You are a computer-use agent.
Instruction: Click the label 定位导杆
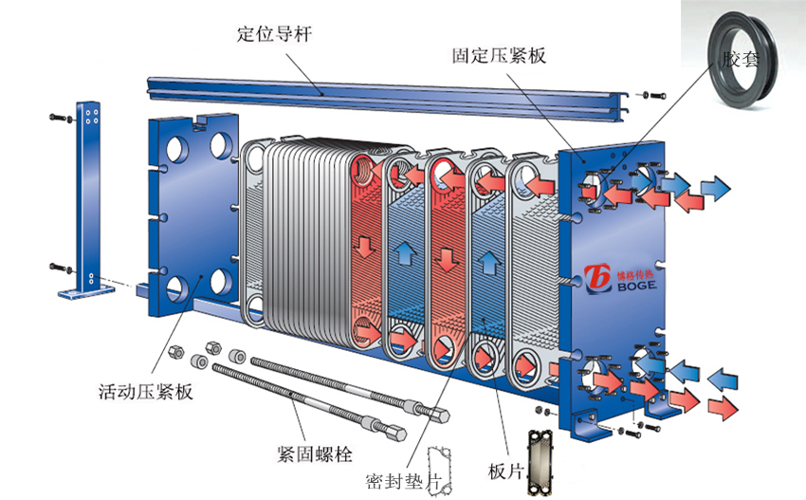point(274,35)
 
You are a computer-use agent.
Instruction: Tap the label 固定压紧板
point(499,55)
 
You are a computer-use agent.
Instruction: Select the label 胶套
point(741,59)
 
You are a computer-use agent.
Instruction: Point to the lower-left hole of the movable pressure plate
point(176,288)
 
